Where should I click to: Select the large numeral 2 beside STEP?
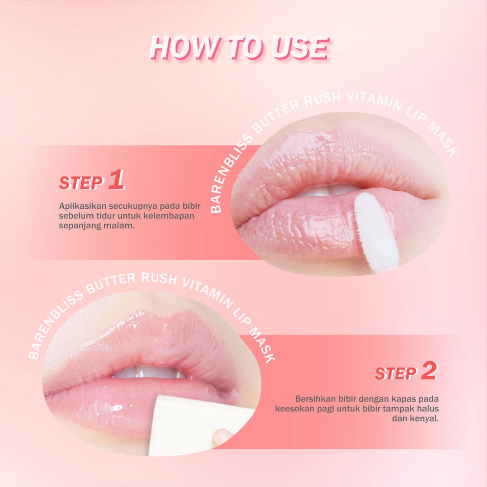click(x=429, y=371)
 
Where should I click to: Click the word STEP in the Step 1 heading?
click(x=81, y=183)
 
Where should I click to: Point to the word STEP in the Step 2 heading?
click(x=396, y=374)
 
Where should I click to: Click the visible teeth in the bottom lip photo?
click(x=147, y=372)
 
